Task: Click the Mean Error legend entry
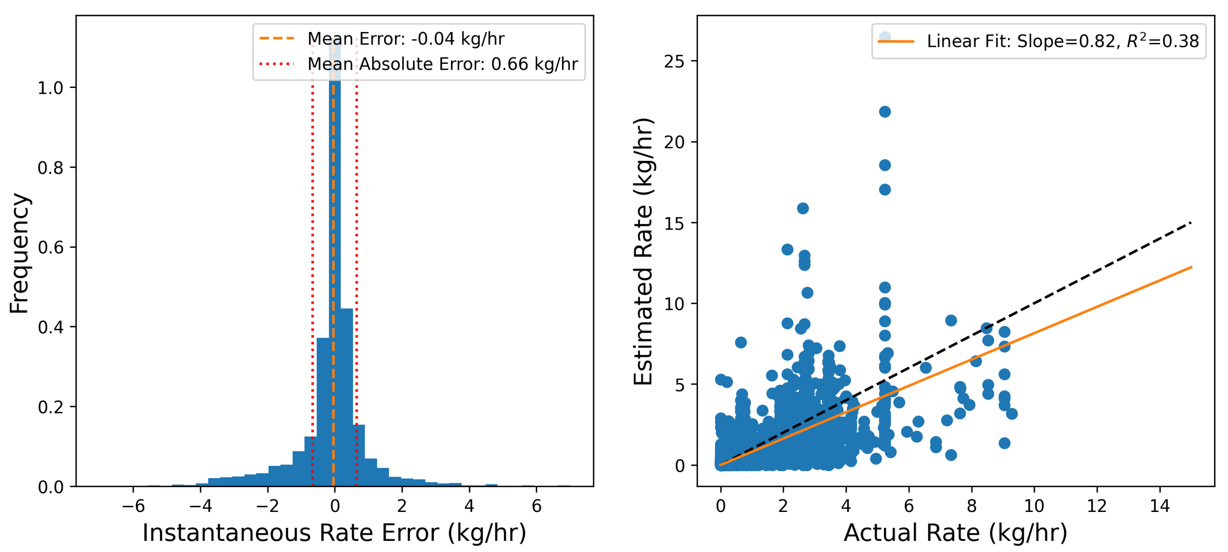click(x=405, y=39)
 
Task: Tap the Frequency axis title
click(x=20, y=253)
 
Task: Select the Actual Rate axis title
click(x=955, y=532)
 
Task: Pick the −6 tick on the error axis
click(x=133, y=506)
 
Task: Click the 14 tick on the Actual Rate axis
click(x=1159, y=506)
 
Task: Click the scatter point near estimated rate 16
click(x=803, y=208)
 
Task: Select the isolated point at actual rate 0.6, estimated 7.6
click(x=740, y=342)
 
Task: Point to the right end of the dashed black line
click(x=1191, y=223)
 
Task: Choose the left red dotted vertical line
click(x=312, y=286)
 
